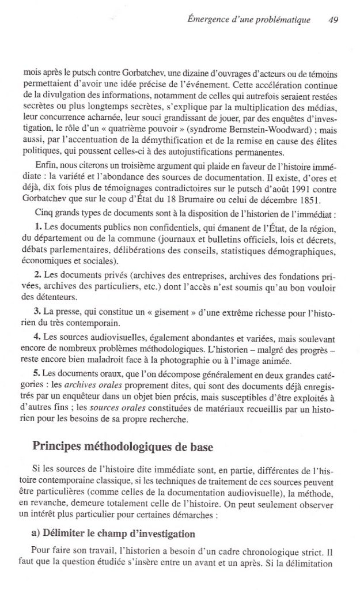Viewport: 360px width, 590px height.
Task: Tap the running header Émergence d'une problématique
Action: (x=256, y=19)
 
